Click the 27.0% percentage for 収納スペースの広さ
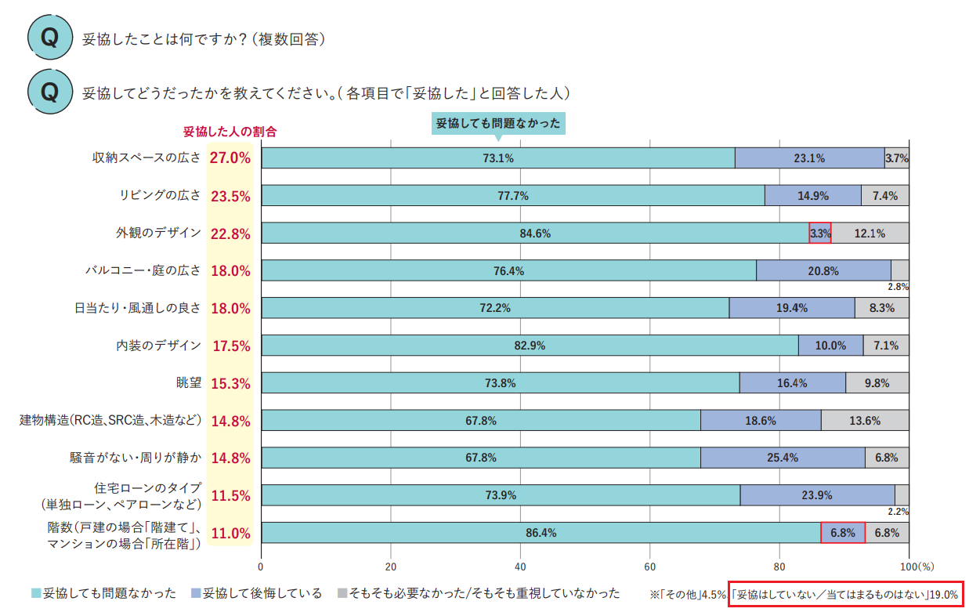(230, 158)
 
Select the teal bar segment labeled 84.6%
(535, 234)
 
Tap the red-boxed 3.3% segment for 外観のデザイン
(820, 234)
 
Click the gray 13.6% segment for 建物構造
(865, 421)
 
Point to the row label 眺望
(189, 383)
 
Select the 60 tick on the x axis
(649, 566)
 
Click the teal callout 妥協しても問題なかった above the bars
(498, 124)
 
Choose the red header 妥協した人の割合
(230, 132)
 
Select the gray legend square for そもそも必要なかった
(342, 594)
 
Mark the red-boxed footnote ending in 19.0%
(845, 595)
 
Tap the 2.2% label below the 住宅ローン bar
(898, 512)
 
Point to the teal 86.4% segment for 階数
(541, 533)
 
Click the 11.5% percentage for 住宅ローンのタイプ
(230, 496)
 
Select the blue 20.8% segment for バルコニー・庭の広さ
(823, 271)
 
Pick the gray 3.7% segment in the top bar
(896, 158)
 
